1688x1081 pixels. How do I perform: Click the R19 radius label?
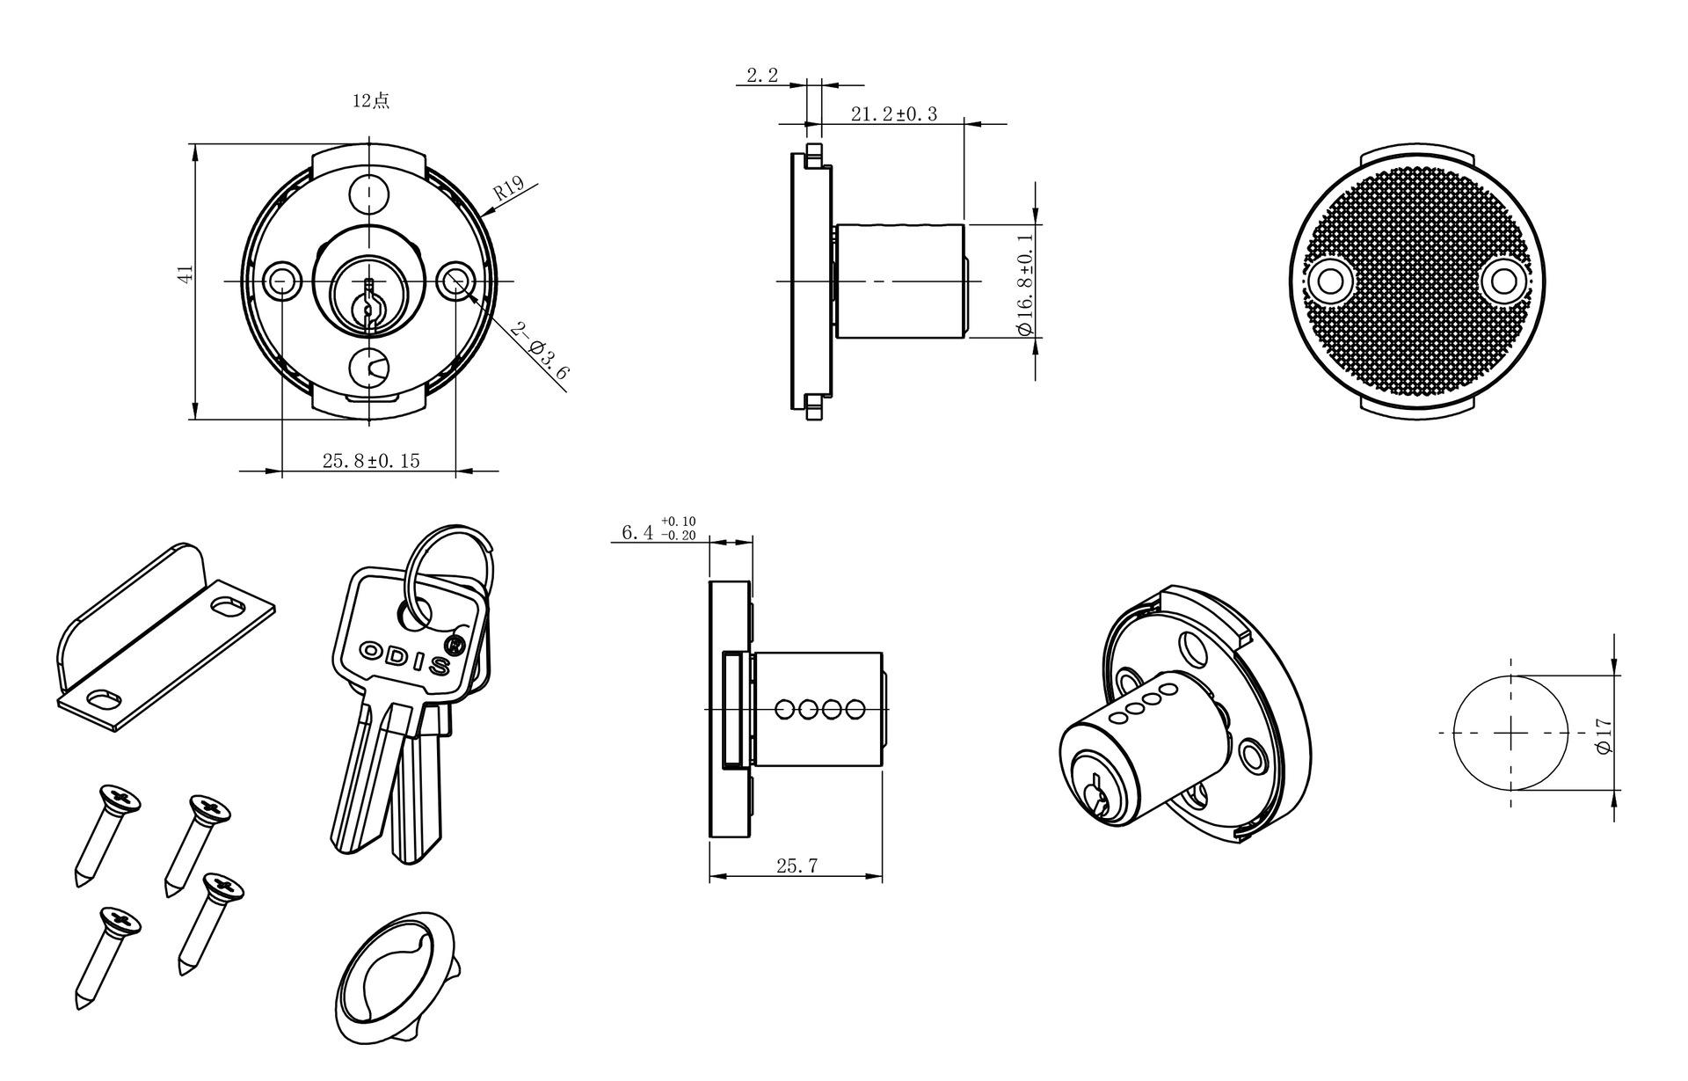pyautogui.click(x=508, y=189)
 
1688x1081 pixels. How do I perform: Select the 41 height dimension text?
pyautogui.click(x=185, y=274)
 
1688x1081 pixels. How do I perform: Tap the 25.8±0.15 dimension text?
pyautogui.click(x=371, y=460)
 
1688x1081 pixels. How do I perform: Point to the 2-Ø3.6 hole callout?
pyautogui.click(x=540, y=351)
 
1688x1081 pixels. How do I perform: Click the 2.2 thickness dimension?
pyautogui.click(x=762, y=76)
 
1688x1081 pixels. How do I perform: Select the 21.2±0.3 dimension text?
pyautogui.click(x=894, y=113)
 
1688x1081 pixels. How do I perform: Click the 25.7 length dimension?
pyautogui.click(x=797, y=866)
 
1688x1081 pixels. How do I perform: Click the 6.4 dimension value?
pyautogui.click(x=637, y=532)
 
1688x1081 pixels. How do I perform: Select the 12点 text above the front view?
pyautogui.click(x=370, y=100)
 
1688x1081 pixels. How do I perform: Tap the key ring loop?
pyautogui.click(x=448, y=576)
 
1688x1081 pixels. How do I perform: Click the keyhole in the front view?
pyautogui.click(x=370, y=303)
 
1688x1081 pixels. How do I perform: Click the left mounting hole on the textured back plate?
pyautogui.click(x=1330, y=281)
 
